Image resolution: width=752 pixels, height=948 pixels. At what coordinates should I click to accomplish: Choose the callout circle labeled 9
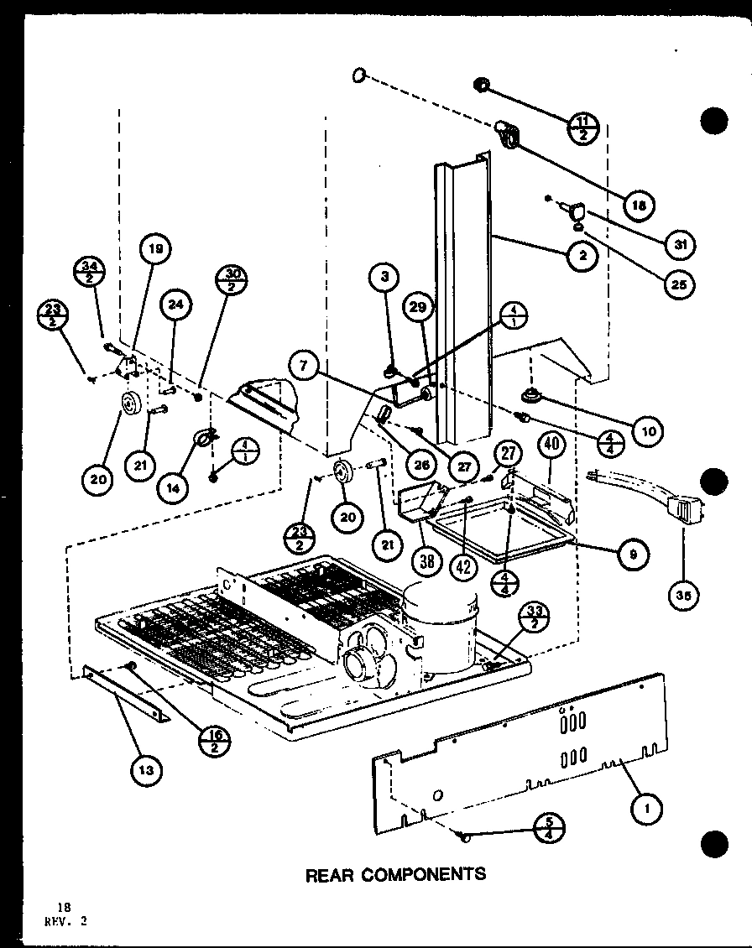point(628,552)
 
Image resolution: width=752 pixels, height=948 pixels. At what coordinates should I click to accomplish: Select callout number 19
point(157,248)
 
